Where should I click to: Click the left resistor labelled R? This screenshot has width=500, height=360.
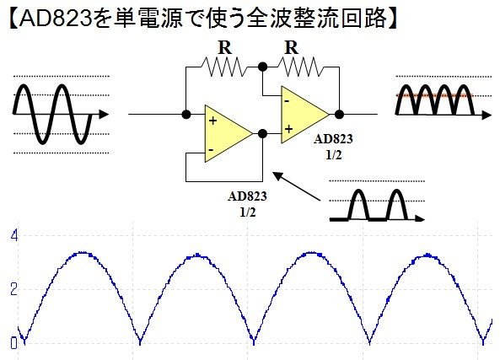(x=224, y=67)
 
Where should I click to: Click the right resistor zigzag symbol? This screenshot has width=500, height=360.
(x=299, y=67)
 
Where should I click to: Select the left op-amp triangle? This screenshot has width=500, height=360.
(x=228, y=133)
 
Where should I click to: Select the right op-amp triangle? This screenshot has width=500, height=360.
(x=305, y=115)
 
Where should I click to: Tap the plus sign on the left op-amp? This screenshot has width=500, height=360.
(x=212, y=121)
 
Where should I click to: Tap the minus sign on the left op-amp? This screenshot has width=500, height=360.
(x=211, y=149)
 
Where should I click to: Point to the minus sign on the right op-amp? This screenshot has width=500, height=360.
(x=287, y=101)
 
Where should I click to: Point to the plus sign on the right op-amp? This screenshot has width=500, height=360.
(x=288, y=129)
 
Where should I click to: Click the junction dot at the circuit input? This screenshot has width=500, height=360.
(x=185, y=114)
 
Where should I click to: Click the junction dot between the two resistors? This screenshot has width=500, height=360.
(x=262, y=67)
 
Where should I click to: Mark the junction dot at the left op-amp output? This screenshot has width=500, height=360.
(x=262, y=133)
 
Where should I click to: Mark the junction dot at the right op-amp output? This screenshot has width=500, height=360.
(x=339, y=114)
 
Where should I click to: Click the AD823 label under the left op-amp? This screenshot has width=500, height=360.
(x=247, y=196)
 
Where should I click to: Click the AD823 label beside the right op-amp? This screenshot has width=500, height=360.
(x=333, y=139)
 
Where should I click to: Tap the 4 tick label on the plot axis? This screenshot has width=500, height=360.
(x=14, y=235)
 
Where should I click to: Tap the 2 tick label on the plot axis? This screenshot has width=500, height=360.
(x=13, y=289)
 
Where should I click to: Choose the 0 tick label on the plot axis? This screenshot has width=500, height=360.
(x=13, y=343)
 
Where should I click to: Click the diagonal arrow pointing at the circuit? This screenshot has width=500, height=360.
(x=296, y=186)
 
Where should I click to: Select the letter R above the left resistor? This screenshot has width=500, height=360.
(x=225, y=48)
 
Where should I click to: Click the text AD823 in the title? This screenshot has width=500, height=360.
(x=55, y=19)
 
